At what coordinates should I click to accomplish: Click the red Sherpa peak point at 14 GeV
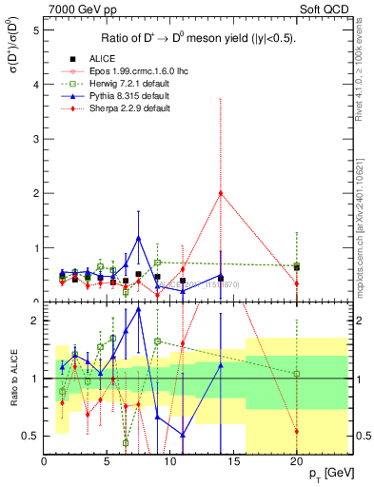221,193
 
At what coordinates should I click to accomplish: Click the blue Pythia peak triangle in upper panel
139,238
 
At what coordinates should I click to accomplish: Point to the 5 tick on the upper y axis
35,29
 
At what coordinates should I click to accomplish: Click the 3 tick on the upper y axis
35,139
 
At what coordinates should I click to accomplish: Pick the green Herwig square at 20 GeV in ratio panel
297,374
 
